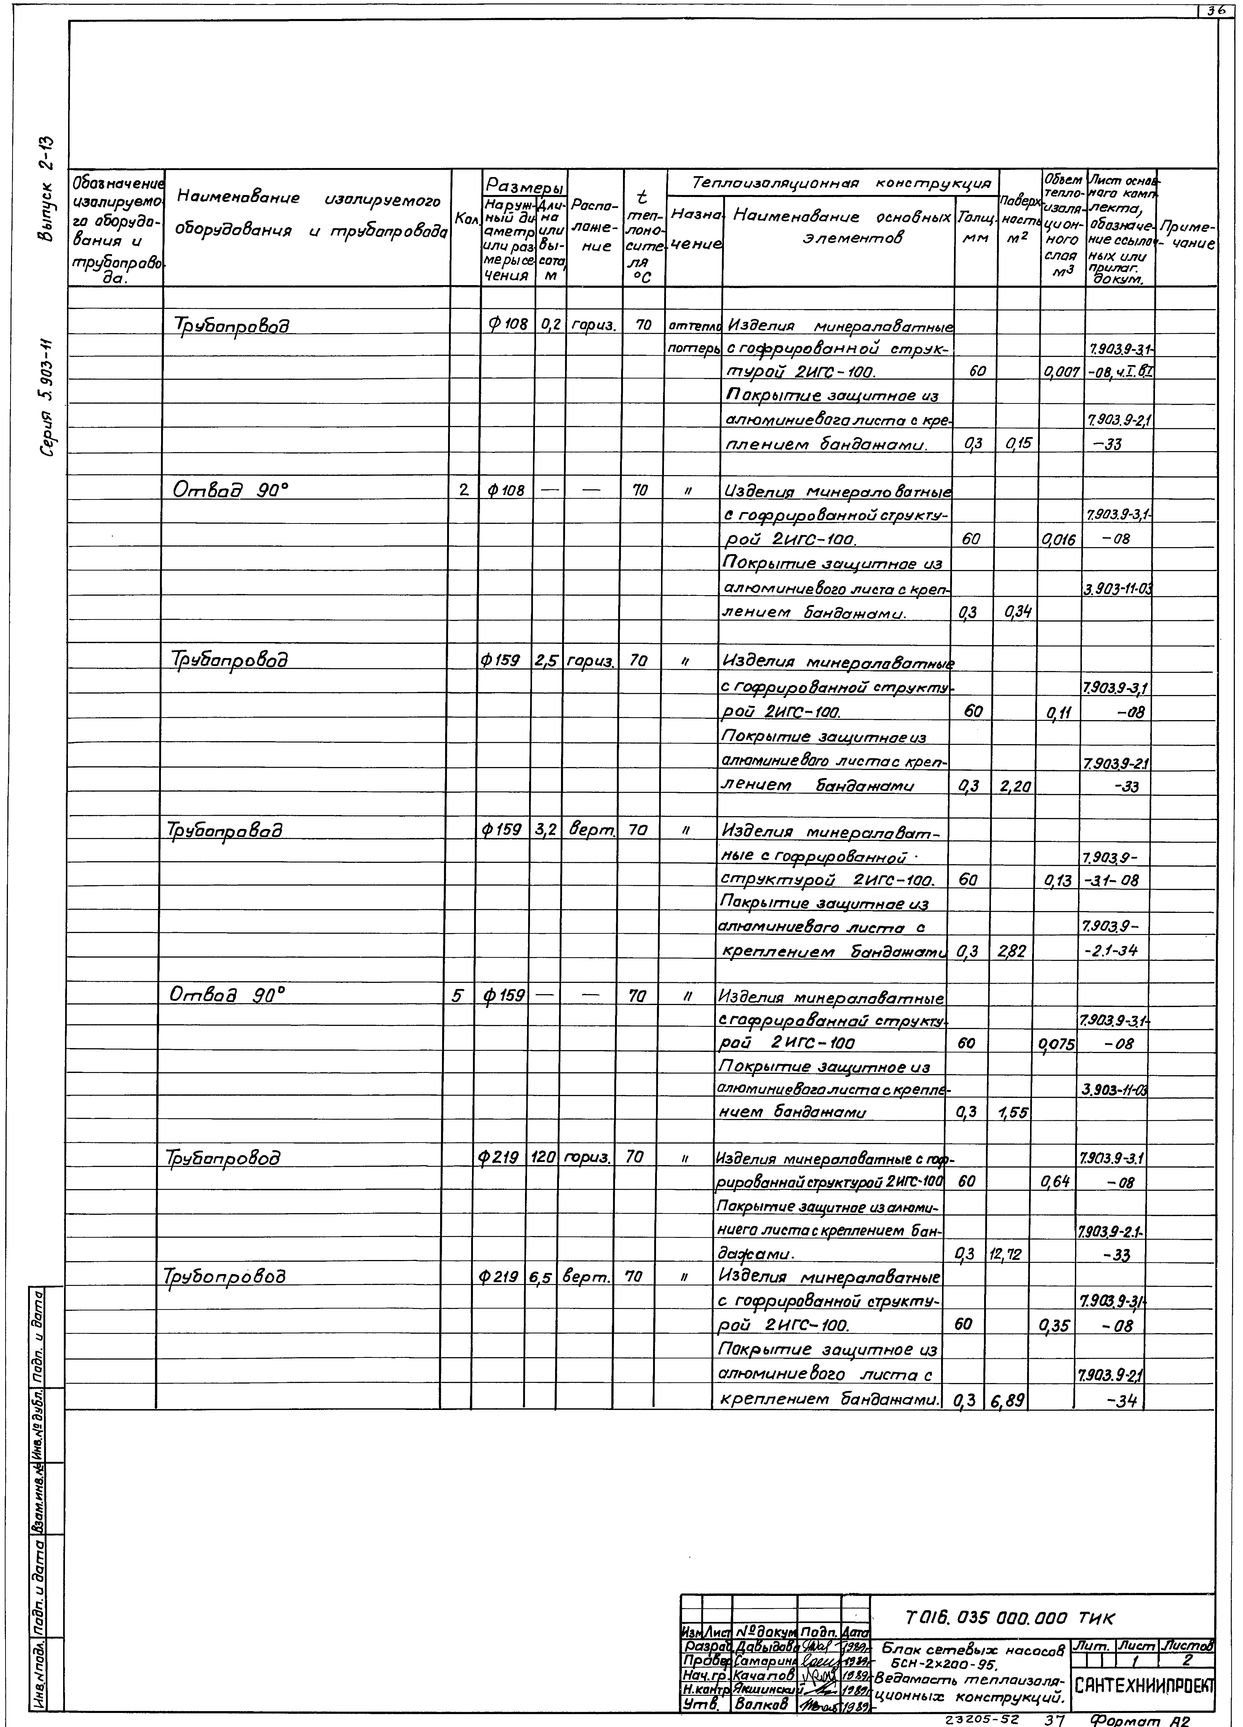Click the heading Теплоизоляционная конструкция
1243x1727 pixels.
tap(832, 183)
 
